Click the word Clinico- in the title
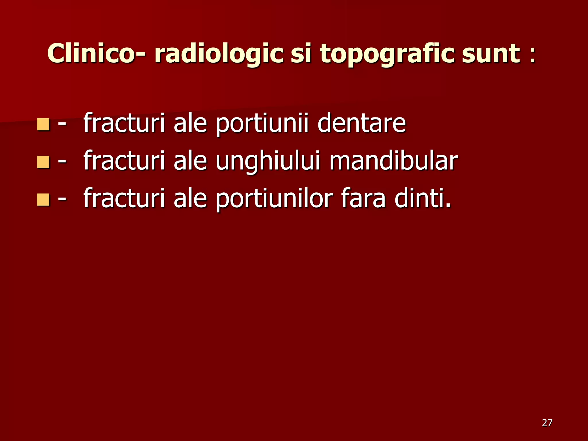tap(91, 54)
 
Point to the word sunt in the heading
tap(491, 54)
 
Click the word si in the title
tap(301, 54)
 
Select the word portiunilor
tap(274, 199)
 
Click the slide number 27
tap(547, 423)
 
